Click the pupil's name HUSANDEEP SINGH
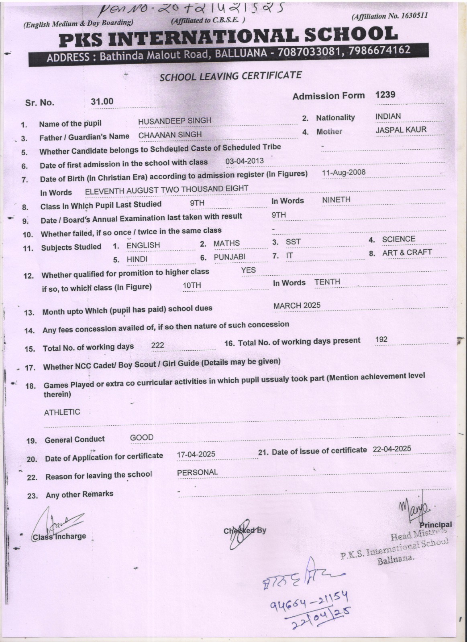pyautogui.click(x=174, y=121)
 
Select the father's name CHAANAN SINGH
pyautogui.click(x=170, y=135)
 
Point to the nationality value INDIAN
pyautogui.click(x=388, y=116)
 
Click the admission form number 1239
pyautogui.click(x=385, y=95)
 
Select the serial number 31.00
pyautogui.click(x=102, y=102)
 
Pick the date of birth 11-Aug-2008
pyautogui.click(x=343, y=173)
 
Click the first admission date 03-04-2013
pyautogui.click(x=245, y=161)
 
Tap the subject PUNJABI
pyautogui.click(x=229, y=257)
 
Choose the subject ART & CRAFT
pyautogui.click(x=407, y=252)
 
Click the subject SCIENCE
pyautogui.click(x=398, y=239)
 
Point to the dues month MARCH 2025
pyautogui.click(x=297, y=305)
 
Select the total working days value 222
pyautogui.click(x=157, y=345)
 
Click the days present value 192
pyautogui.click(x=381, y=339)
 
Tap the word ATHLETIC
pyautogui.click(x=62, y=412)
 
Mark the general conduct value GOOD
pyautogui.click(x=141, y=437)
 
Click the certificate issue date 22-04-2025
pyautogui.click(x=392, y=449)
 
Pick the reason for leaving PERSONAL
pyautogui.click(x=197, y=472)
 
